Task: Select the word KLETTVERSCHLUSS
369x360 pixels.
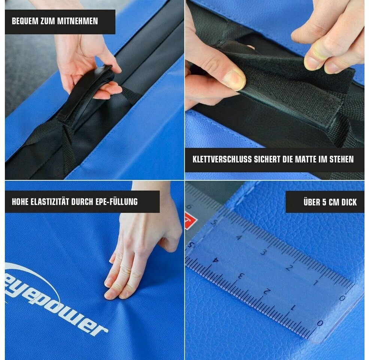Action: coord(222,159)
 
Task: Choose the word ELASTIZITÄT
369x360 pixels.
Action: coord(50,202)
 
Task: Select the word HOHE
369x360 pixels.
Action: coord(20,202)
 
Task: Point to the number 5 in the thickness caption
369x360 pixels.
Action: coord(324,202)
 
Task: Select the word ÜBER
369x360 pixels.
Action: coord(311,202)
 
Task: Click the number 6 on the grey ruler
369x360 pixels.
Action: coord(190,207)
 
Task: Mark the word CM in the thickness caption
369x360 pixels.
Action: coord(333,202)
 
